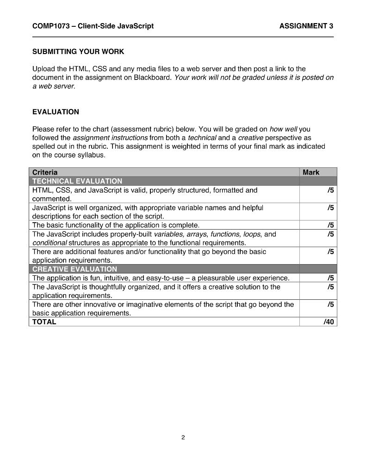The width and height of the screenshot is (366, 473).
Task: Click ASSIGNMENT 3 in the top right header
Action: click(x=306, y=26)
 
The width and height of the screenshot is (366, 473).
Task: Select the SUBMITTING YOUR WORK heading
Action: click(x=78, y=51)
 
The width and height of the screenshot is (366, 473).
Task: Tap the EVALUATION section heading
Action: click(x=56, y=112)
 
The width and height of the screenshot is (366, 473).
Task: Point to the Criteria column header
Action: click(x=45, y=172)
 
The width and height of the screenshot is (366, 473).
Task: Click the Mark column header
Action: click(x=311, y=172)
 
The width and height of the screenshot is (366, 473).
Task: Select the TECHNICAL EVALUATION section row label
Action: click(x=77, y=181)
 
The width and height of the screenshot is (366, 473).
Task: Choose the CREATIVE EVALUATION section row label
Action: click(x=74, y=269)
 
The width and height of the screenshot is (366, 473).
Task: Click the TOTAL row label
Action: click(x=44, y=322)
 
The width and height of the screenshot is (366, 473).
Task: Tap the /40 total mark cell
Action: click(x=329, y=322)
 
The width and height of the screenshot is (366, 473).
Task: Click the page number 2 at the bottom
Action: click(x=183, y=437)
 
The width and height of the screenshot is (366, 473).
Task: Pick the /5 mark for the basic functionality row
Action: click(x=330, y=225)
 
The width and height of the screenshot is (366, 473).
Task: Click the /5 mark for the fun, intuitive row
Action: click(x=330, y=278)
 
